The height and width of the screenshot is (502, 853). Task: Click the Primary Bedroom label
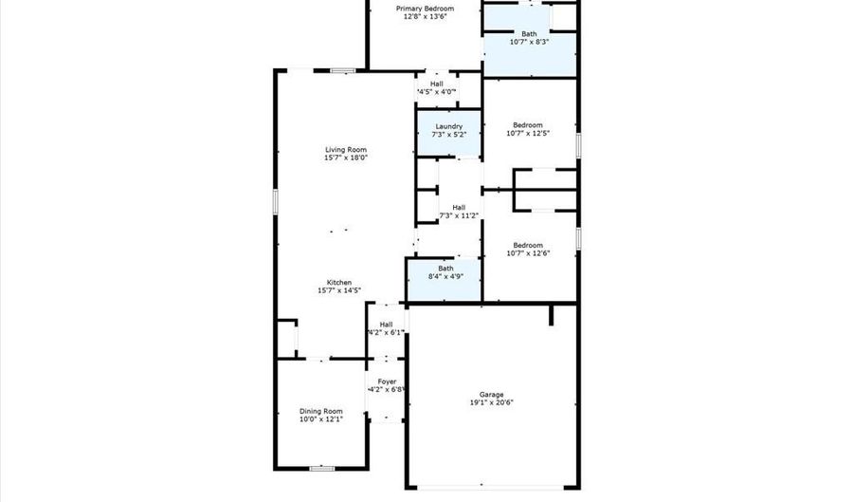424,8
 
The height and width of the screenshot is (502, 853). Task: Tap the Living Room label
346,149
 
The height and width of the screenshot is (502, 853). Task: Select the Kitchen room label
339,282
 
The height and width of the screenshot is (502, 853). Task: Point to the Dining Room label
320,410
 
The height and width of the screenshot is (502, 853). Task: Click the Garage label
491,394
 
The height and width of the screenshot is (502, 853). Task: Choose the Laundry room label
448,126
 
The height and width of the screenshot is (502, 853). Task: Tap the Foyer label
387,381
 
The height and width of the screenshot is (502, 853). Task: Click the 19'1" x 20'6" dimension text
491,402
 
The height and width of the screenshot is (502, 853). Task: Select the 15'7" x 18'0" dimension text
346,158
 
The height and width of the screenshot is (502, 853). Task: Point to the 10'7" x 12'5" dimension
528,134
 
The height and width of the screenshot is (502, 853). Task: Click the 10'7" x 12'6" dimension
528,253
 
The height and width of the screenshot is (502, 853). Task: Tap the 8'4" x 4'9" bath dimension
445,277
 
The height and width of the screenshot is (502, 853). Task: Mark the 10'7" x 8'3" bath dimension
528,42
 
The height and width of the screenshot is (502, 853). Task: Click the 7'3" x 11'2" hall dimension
459,215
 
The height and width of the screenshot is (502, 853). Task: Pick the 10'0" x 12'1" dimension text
320,418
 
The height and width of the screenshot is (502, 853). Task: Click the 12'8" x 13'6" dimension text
424,16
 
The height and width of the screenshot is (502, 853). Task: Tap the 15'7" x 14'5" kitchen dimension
339,290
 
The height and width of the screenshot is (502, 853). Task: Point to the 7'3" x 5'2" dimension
448,135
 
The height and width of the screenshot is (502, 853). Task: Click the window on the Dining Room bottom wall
323,468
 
